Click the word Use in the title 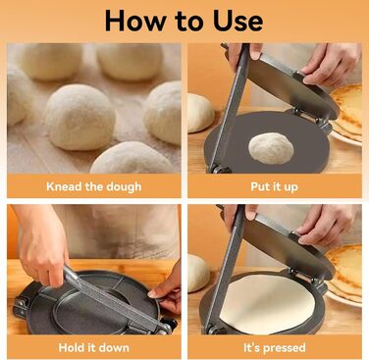click(x=237, y=21)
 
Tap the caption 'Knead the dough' click(x=94, y=186)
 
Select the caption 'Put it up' click(x=275, y=186)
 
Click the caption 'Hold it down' click(x=94, y=347)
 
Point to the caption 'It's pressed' click(x=275, y=347)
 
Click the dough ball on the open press click(x=271, y=148)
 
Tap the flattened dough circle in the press click(x=268, y=304)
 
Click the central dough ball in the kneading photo click(x=80, y=117)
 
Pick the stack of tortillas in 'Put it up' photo click(x=346, y=111)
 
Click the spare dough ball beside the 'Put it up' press click(x=200, y=113)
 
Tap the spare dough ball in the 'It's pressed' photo click(x=198, y=273)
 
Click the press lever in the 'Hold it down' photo click(x=115, y=299)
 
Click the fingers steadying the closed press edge click(x=166, y=287)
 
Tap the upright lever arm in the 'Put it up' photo click(x=229, y=108)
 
